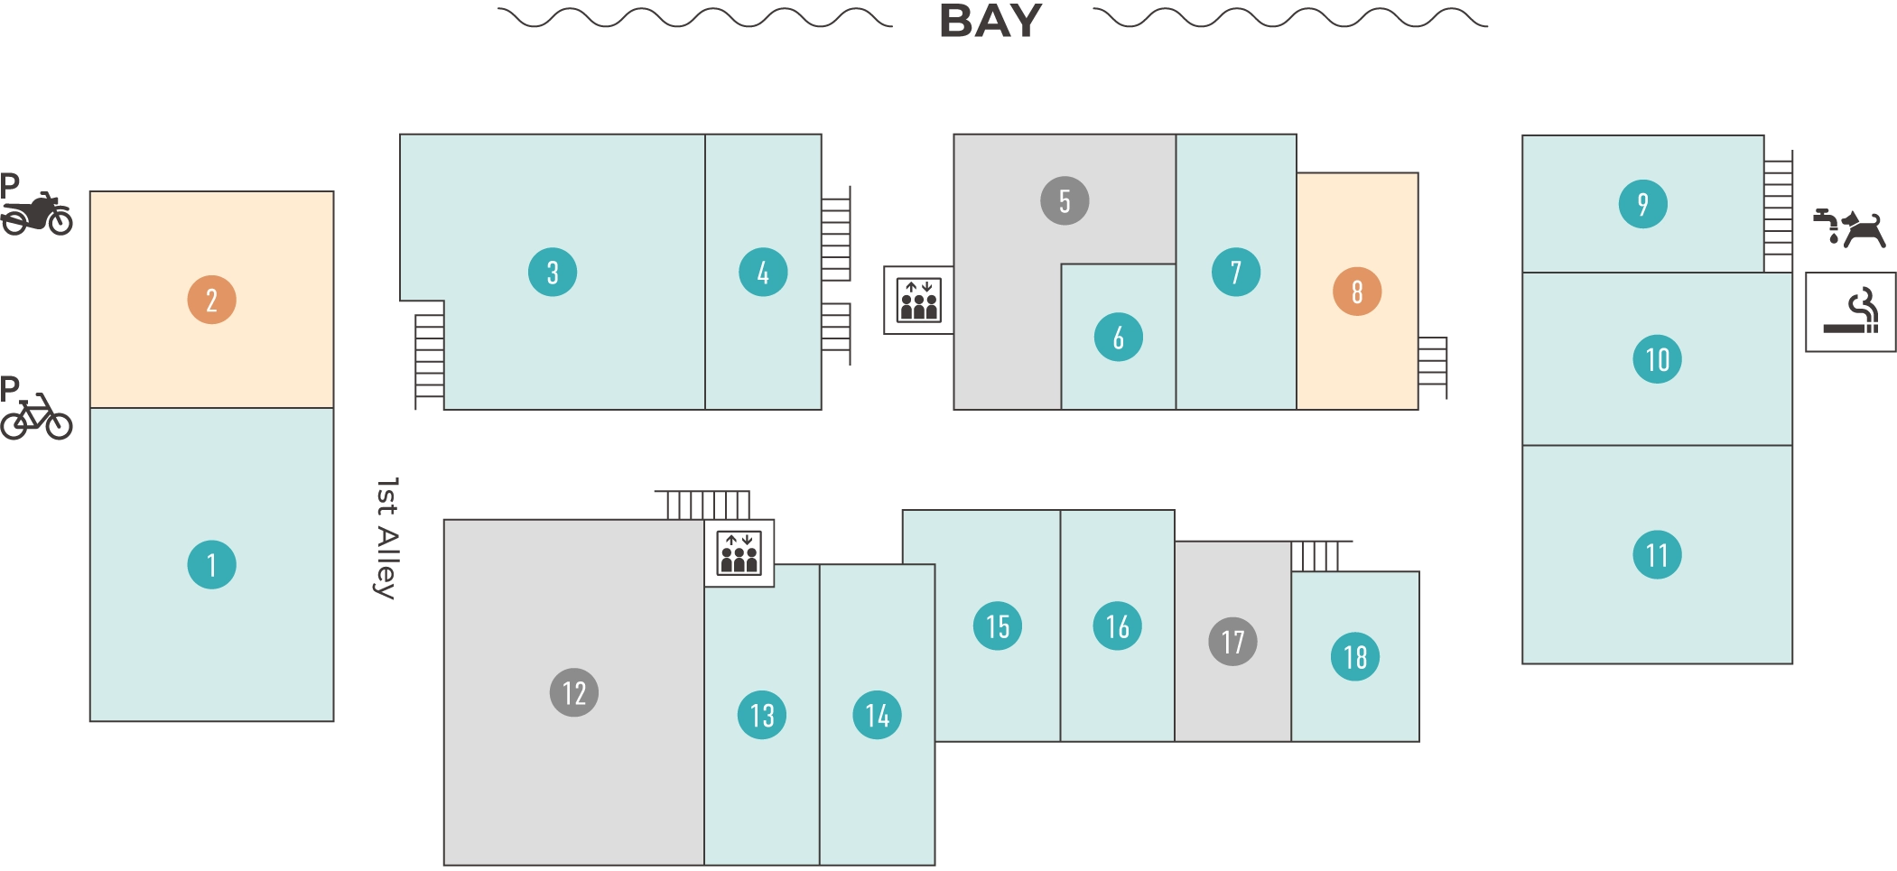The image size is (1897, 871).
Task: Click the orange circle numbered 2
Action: coord(211,300)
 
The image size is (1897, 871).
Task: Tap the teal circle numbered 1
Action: coord(211,565)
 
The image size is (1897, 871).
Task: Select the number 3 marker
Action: coord(553,273)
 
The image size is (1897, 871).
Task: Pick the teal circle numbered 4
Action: coord(763,273)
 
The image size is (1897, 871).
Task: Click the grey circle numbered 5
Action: coord(1065,200)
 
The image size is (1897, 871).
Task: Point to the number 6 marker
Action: coord(1118,338)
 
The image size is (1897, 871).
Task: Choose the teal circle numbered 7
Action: coord(1236,273)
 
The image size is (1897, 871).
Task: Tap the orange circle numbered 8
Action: coord(1357,292)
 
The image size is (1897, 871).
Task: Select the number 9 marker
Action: coord(1642,204)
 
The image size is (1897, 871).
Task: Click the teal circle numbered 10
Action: coord(1657,359)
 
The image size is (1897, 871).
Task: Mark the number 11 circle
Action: coord(1657,554)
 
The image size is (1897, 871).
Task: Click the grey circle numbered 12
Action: coord(574,692)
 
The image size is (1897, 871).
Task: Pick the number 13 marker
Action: coord(762,715)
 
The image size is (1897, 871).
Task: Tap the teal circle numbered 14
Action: coord(877,715)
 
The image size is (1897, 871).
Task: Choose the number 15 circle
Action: coord(998,625)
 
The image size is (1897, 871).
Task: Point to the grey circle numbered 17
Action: coord(1232,642)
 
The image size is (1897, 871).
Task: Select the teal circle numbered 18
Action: coord(1355,656)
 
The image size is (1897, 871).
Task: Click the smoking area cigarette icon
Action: coord(1850,311)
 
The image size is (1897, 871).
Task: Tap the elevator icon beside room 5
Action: coord(918,301)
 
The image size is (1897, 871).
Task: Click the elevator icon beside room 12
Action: coord(739,553)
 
